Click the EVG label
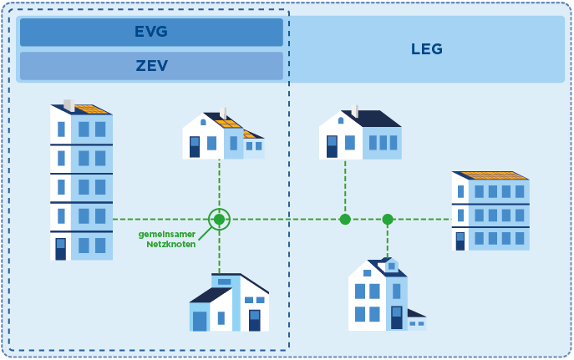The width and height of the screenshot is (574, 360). pyautogui.click(x=151, y=32)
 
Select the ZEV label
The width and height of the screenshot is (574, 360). pyautogui.click(x=151, y=65)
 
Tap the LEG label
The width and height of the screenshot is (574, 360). pyautogui.click(x=426, y=49)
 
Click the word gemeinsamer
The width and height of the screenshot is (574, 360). pyautogui.click(x=167, y=235)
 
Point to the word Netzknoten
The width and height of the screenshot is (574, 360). pyautogui.click(x=171, y=244)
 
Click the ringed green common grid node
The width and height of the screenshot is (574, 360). pyautogui.click(x=219, y=219)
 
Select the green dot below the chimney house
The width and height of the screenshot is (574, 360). pyautogui.click(x=345, y=219)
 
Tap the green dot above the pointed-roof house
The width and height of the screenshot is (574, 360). pyautogui.click(x=388, y=219)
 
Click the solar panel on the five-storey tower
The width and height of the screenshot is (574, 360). pyautogui.click(x=90, y=109)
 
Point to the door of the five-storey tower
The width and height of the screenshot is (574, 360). pyautogui.click(x=60, y=248)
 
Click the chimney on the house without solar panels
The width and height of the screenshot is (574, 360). pyautogui.click(x=356, y=110)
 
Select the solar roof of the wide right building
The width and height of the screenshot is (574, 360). pyautogui.click(x=493, y=175)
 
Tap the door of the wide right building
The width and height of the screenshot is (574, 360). pyautogui.click(x=460, y=241)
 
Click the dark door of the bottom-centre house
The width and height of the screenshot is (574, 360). pyautogui.click(x=254, y=320)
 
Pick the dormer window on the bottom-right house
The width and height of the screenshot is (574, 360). pyautogui.click(x=391, y=266)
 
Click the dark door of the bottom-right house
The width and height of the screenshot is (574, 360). pyautogui.click(x=397, y=317)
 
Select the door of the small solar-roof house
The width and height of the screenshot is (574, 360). pyautogui.click(x=195, y=146)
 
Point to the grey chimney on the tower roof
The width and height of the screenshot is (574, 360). pyautogui.click(x=69, y=104)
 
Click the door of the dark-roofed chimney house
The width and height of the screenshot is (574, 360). pyautogui.click(x=332, y=145)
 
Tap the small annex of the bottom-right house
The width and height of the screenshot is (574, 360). pyautogui.click(x=416, y=322)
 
